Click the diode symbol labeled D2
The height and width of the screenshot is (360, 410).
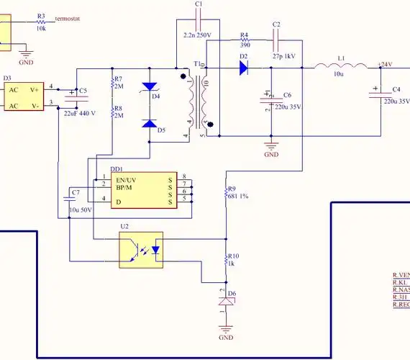click(x=243, y=68)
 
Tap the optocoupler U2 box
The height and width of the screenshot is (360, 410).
click(x=141, y=249)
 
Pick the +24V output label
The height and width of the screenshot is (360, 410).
click(x=384, y=64)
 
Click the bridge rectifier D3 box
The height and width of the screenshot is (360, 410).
click(x=23, y=97)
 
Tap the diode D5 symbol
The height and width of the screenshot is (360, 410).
click(x=149, y=122)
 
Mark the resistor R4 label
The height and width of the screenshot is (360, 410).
click(x=244, y=35)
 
